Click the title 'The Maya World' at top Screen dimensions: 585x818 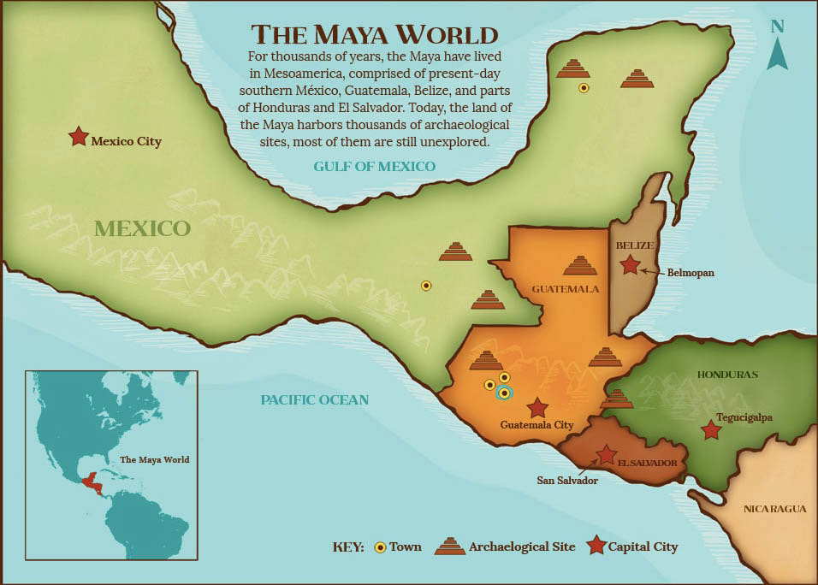374,34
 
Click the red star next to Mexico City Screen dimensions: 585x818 78,136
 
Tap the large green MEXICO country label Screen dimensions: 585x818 142,228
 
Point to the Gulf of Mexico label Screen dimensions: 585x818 374,166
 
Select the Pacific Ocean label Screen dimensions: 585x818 314,399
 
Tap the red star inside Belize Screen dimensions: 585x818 630,265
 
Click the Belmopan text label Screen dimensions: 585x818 691,273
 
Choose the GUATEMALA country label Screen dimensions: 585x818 565,288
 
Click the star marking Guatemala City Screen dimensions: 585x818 537,407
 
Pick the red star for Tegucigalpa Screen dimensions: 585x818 710,430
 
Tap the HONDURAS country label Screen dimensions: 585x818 727,375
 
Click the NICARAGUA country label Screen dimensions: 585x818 774,509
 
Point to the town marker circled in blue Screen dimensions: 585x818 504,393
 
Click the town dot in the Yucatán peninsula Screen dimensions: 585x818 584,87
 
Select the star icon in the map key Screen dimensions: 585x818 596,546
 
